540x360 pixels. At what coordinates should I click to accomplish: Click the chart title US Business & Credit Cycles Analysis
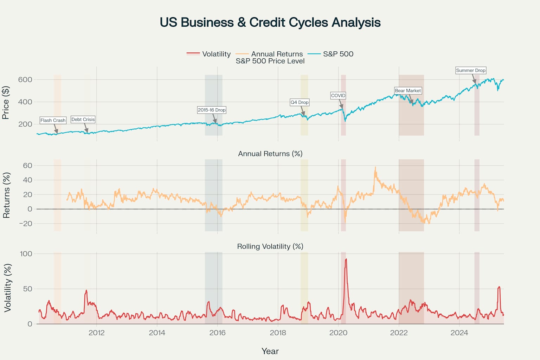[x=270, y=22]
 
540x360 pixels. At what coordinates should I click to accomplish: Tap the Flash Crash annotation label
[x=53, y=120]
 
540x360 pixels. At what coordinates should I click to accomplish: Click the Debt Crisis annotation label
[x=83, y=120]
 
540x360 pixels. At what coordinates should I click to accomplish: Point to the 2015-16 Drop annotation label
[x=211, y=110]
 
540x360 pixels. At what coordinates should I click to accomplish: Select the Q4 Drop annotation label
[x=299, y=102]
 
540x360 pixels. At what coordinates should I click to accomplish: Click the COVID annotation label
[x=338, y=96]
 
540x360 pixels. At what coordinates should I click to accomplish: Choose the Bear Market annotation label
[x=408, y=91]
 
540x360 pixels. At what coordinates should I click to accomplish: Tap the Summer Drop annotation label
[x=470, y=70]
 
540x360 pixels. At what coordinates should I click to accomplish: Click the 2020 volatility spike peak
[x=346, y=259]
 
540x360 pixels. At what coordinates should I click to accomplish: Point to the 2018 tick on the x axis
[x=278, y=333]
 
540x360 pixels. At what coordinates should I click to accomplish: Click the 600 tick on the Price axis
[x=25, y=79]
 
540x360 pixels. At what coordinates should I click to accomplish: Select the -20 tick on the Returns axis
[x=25, y=224]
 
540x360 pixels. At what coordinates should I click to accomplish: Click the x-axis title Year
[x=270, y=351]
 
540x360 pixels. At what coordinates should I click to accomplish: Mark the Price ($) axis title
[x=6, y=103]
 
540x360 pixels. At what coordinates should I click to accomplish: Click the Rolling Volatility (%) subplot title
[x=270, y=246]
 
